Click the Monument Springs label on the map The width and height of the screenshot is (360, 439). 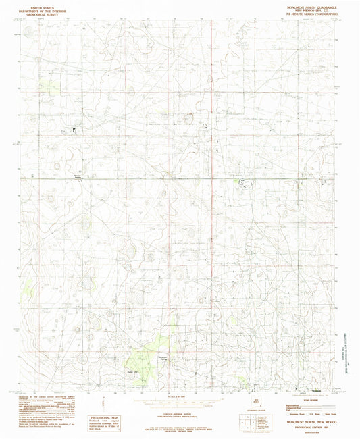click(161, 357)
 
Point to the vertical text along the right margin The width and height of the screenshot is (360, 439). click(349, 351)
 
